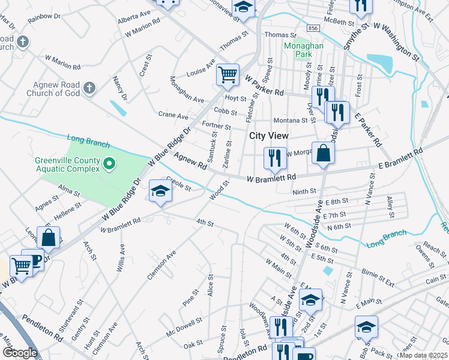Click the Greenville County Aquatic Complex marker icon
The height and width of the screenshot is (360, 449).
pyautogui.click(x=109, y=163)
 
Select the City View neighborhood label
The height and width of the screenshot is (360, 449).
pyautogui.click(x=269, y=136)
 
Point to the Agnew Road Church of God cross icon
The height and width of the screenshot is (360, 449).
pyautogui.click(x=89, y=89)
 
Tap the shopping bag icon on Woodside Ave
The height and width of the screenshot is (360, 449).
pyautogui.click(x=323, y=153)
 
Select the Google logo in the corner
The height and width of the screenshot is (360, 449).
pyautogui.click(x=20, y=353)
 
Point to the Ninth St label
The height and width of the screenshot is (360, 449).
pyautogui.click(x=304, y=192)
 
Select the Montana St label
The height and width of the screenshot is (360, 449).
pyautogui.click(x=291, y=121)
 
